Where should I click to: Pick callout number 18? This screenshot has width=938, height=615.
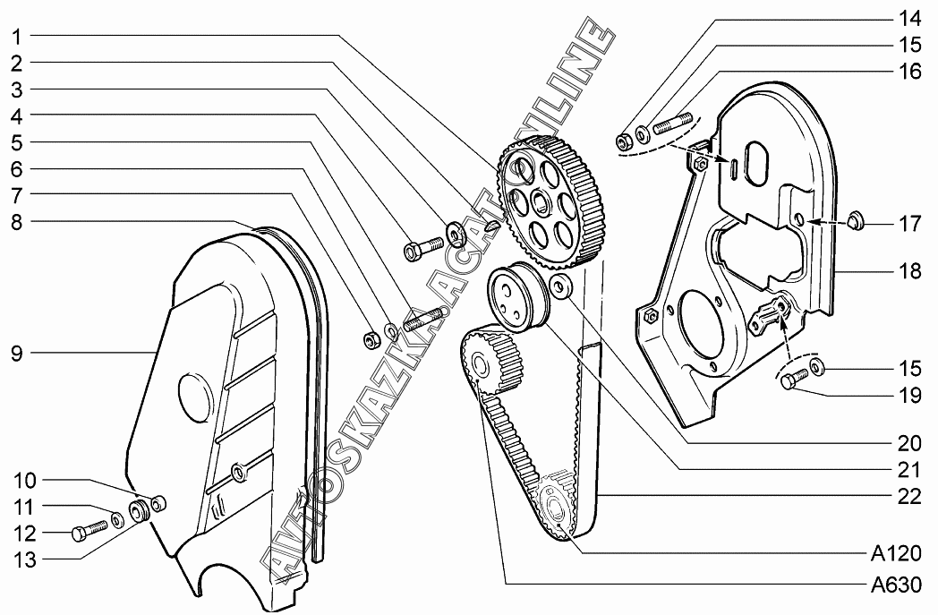(908, 272)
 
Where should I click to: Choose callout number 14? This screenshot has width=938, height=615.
(908, 17)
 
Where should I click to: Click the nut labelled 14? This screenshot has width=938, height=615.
(623, 141)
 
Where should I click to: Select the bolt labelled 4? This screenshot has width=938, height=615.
(423, 248)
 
